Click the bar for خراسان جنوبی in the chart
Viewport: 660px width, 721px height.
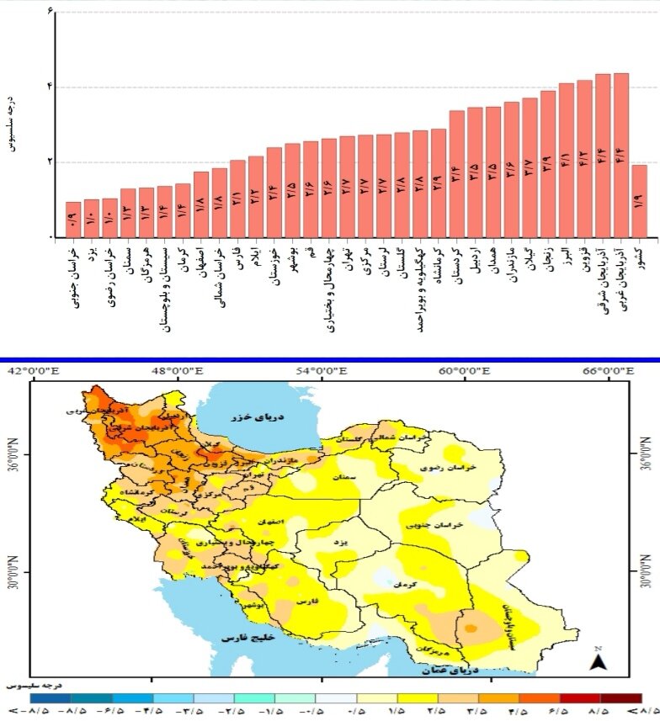(73, 220)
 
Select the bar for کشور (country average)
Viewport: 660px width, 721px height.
(639, 202)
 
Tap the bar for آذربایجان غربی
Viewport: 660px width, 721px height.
(621, 156)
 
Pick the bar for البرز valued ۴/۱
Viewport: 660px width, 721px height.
(567, 161)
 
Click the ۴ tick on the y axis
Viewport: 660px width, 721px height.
(50, 87)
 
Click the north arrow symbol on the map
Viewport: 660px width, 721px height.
(599, 661)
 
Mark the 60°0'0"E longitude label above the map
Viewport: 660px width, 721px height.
(462, 371)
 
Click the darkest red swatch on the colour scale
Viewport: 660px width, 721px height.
(620, 698)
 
